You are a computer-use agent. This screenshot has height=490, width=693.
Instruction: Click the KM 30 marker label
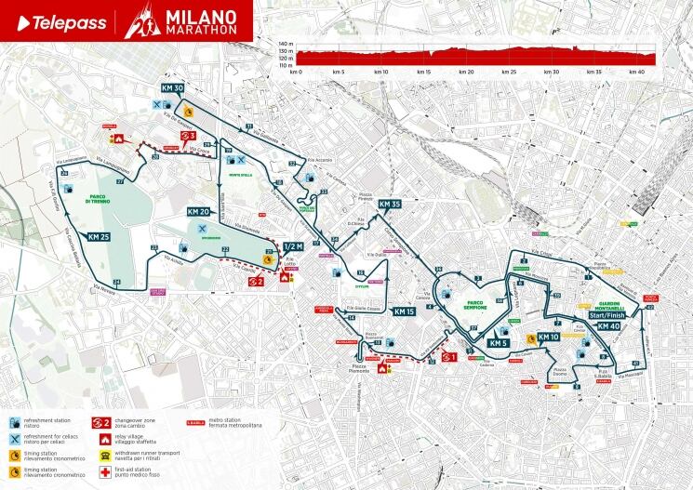[171, 88]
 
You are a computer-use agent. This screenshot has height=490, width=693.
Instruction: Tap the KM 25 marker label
[100, 237]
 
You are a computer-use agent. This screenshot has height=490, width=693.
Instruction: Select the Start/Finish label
[609, 316]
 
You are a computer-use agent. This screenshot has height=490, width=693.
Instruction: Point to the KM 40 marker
[609, 326]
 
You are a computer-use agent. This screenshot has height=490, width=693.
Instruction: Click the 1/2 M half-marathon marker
[293, 246]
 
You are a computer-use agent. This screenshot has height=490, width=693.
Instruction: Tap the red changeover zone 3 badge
[187, 135]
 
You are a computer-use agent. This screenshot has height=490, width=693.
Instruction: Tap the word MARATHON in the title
[196, 30]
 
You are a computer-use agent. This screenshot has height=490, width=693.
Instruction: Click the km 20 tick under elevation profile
[466, 71]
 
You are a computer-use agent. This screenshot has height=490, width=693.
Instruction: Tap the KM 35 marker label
[390, 204]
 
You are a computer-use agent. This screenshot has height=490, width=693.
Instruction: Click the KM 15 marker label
[405, 311]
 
